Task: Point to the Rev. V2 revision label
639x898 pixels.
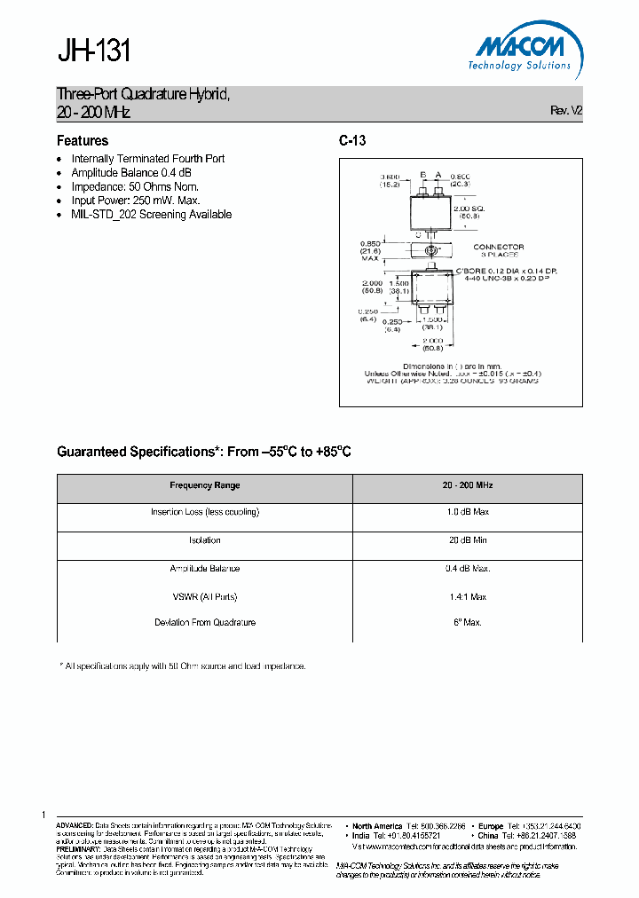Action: tap(566, 111)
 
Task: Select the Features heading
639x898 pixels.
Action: tap(83, 141)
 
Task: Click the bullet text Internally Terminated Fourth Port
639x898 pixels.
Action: tap(147, 159)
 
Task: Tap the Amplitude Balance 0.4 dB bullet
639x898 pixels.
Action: tap(131, 173)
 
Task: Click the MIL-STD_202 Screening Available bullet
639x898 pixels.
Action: tap(151, 215)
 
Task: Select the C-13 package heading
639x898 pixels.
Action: tap(352, 141)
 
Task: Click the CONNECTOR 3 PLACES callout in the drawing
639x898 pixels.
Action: tap(498, 250)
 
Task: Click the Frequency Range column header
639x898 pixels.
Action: tap(205, 485)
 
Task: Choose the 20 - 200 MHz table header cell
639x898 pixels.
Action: tap(468, 485)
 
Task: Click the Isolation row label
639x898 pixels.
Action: tap(205, 540)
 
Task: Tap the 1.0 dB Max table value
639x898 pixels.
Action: tap(468, 512)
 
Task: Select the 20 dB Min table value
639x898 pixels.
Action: tap(468, 540)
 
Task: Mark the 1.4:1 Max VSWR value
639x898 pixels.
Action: tap(468, 597)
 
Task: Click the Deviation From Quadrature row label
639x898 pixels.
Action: tap(205, 623)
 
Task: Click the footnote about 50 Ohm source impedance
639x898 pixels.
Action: tap(182, 666)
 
